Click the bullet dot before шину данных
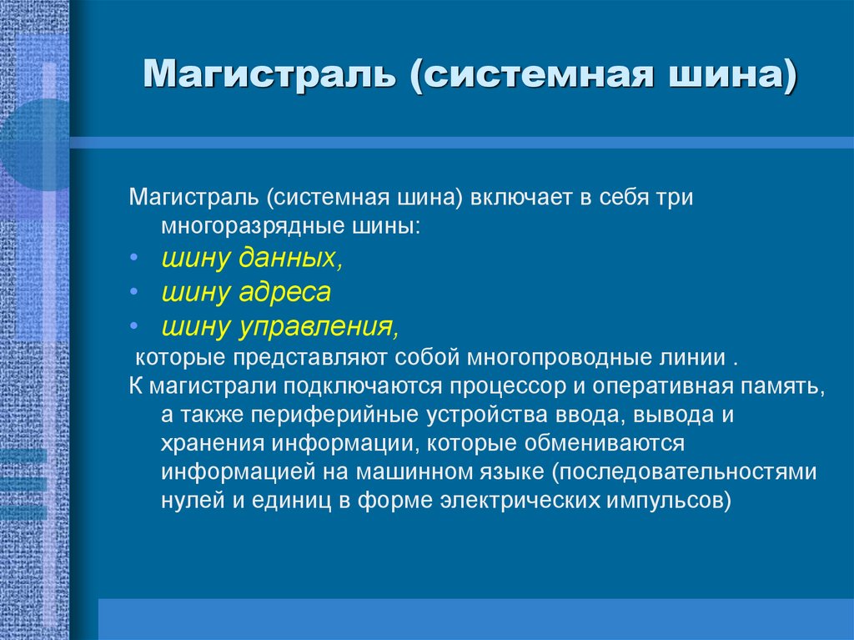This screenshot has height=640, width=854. (136, 260)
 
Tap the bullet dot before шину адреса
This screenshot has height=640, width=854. (136, 293)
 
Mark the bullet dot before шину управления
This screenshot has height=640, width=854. (136, 326)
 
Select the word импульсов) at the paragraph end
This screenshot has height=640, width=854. (679, 499)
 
